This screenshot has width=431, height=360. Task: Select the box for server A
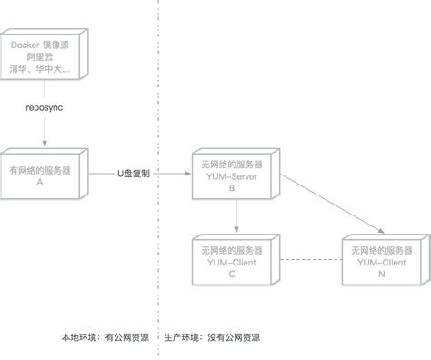pyautogui.click(x=41, y=175)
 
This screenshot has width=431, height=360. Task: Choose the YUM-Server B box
pyautogui.click(x=234, y=176)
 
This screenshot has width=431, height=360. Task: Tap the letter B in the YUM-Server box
pyautogui.click(x=233, y=189)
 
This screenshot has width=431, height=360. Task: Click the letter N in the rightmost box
pyautogui.click(x=380, y=274)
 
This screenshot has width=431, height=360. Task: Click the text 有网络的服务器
pyautogui.click(x=41, y=169)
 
